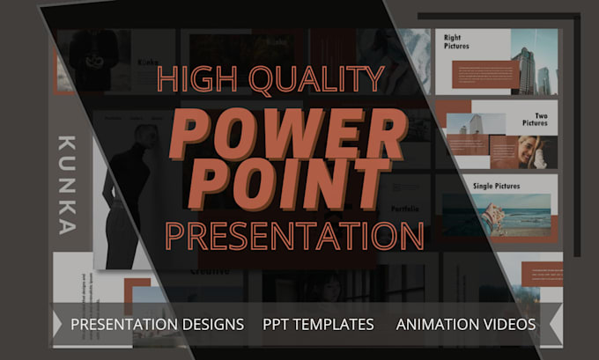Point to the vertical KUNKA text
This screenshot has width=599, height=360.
(67, 186)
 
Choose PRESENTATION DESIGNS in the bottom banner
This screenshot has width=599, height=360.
(157, 324)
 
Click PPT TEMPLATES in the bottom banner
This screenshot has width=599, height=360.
(318, 324)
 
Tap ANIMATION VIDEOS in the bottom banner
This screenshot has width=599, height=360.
(465, 324)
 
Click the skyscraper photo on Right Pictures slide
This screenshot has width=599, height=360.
(533, 62)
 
